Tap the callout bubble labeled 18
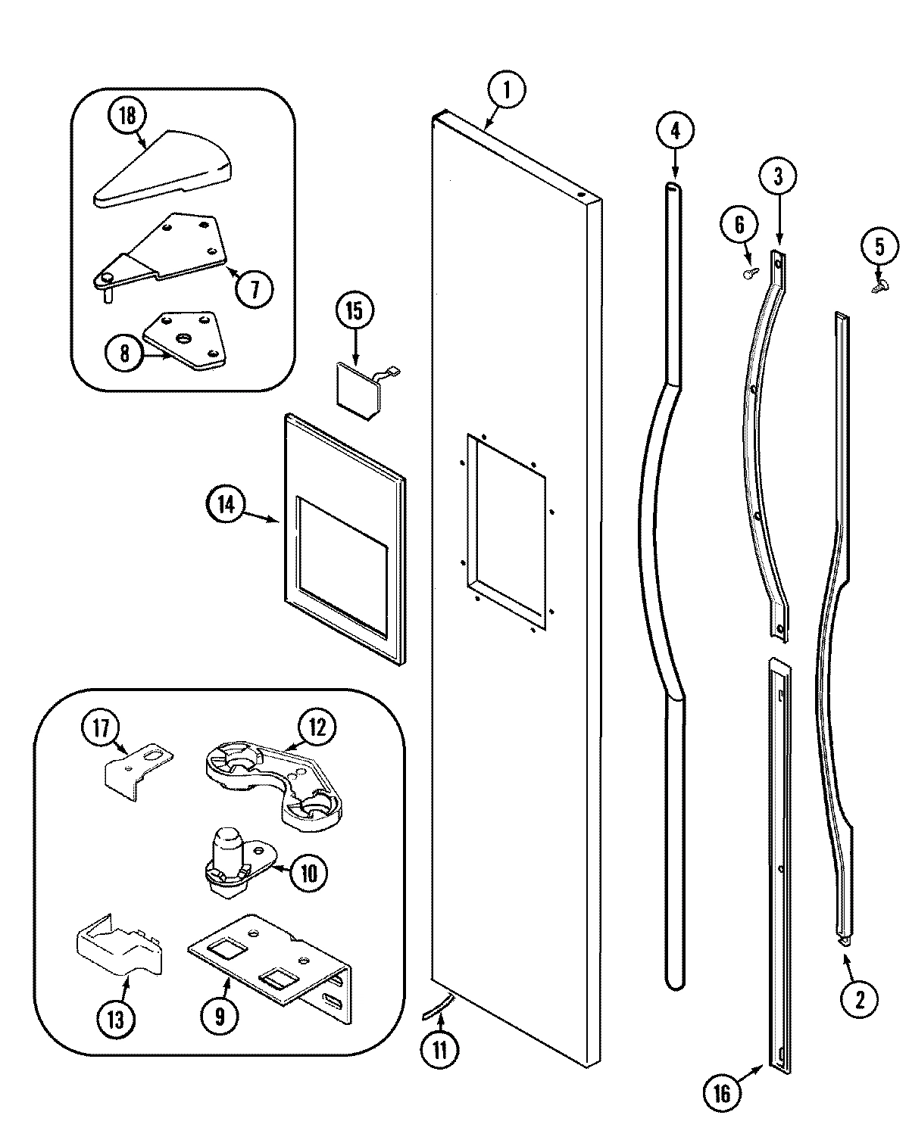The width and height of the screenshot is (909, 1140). point(127,116)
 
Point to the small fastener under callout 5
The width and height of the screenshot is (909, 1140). point(879,287)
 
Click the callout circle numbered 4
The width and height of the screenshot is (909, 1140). point(675,130)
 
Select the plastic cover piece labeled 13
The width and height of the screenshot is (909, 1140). point(119,950)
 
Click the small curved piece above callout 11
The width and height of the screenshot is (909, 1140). point(438,1007)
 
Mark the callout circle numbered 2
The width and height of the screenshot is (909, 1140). point(859,1000)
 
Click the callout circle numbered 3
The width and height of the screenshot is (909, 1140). point(779,176)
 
